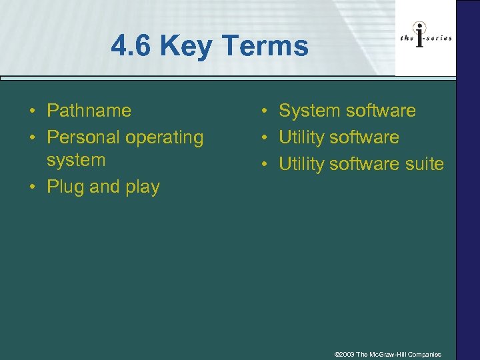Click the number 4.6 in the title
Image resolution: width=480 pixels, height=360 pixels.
[132, 47]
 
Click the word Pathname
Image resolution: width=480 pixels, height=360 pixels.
[89, 111]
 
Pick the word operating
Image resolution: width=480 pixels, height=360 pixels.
[166, 138]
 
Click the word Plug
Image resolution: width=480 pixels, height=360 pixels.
[65, 187]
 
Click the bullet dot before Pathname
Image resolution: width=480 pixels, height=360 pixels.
[33, 111]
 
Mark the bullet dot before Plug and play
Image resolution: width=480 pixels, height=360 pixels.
[33, 187]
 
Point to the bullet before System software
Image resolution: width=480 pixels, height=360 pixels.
[265, 111]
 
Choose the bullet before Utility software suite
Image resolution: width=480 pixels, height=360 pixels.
[265, 165]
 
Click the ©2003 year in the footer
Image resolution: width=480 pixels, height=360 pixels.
[344, 354]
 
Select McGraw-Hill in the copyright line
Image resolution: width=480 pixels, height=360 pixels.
[389, 354]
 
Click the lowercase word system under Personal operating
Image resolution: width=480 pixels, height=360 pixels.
[76, 160]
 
